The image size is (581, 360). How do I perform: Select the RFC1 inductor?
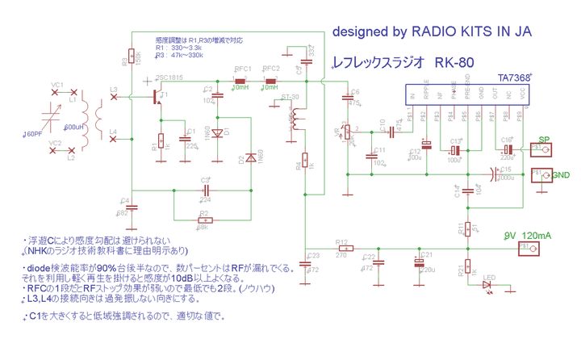(240, 82)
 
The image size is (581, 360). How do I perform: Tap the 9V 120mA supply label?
(528, 235)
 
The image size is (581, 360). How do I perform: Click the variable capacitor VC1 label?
(56, 85)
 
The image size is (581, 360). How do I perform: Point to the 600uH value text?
(73, 128)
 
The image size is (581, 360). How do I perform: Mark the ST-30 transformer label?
(291, 97)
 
